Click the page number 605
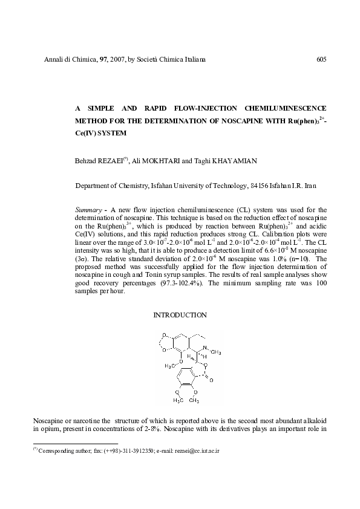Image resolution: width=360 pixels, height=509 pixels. pos(321,59)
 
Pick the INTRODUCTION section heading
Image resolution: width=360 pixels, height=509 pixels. pos(180,315)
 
